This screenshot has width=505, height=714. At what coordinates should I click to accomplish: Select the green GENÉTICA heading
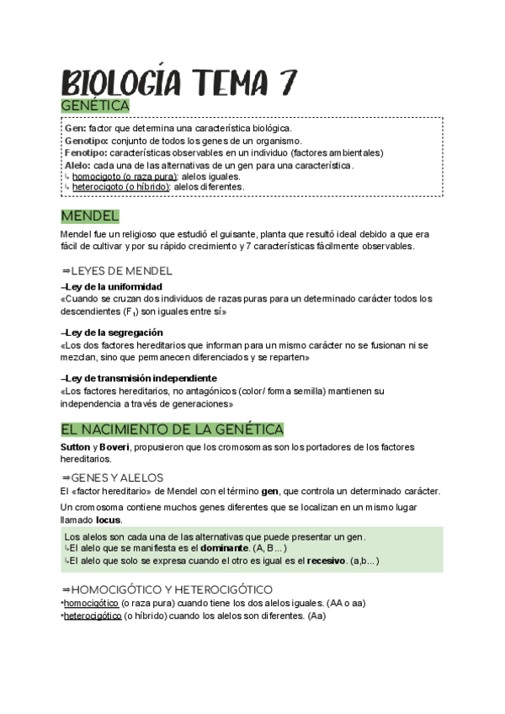point(95,106)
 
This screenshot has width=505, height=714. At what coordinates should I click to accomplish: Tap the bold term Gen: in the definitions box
point(75,127)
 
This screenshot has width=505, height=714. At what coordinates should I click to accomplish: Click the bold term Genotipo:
point(86,141)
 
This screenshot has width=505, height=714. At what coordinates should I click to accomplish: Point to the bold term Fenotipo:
point(85,153)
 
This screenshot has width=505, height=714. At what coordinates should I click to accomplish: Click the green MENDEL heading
point(90,216)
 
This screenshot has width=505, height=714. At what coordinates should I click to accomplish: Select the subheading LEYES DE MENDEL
point(122,271)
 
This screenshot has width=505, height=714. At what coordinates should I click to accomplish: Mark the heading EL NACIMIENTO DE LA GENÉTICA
point(173,429)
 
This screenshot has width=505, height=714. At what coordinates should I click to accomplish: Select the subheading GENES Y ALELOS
point(118,477)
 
